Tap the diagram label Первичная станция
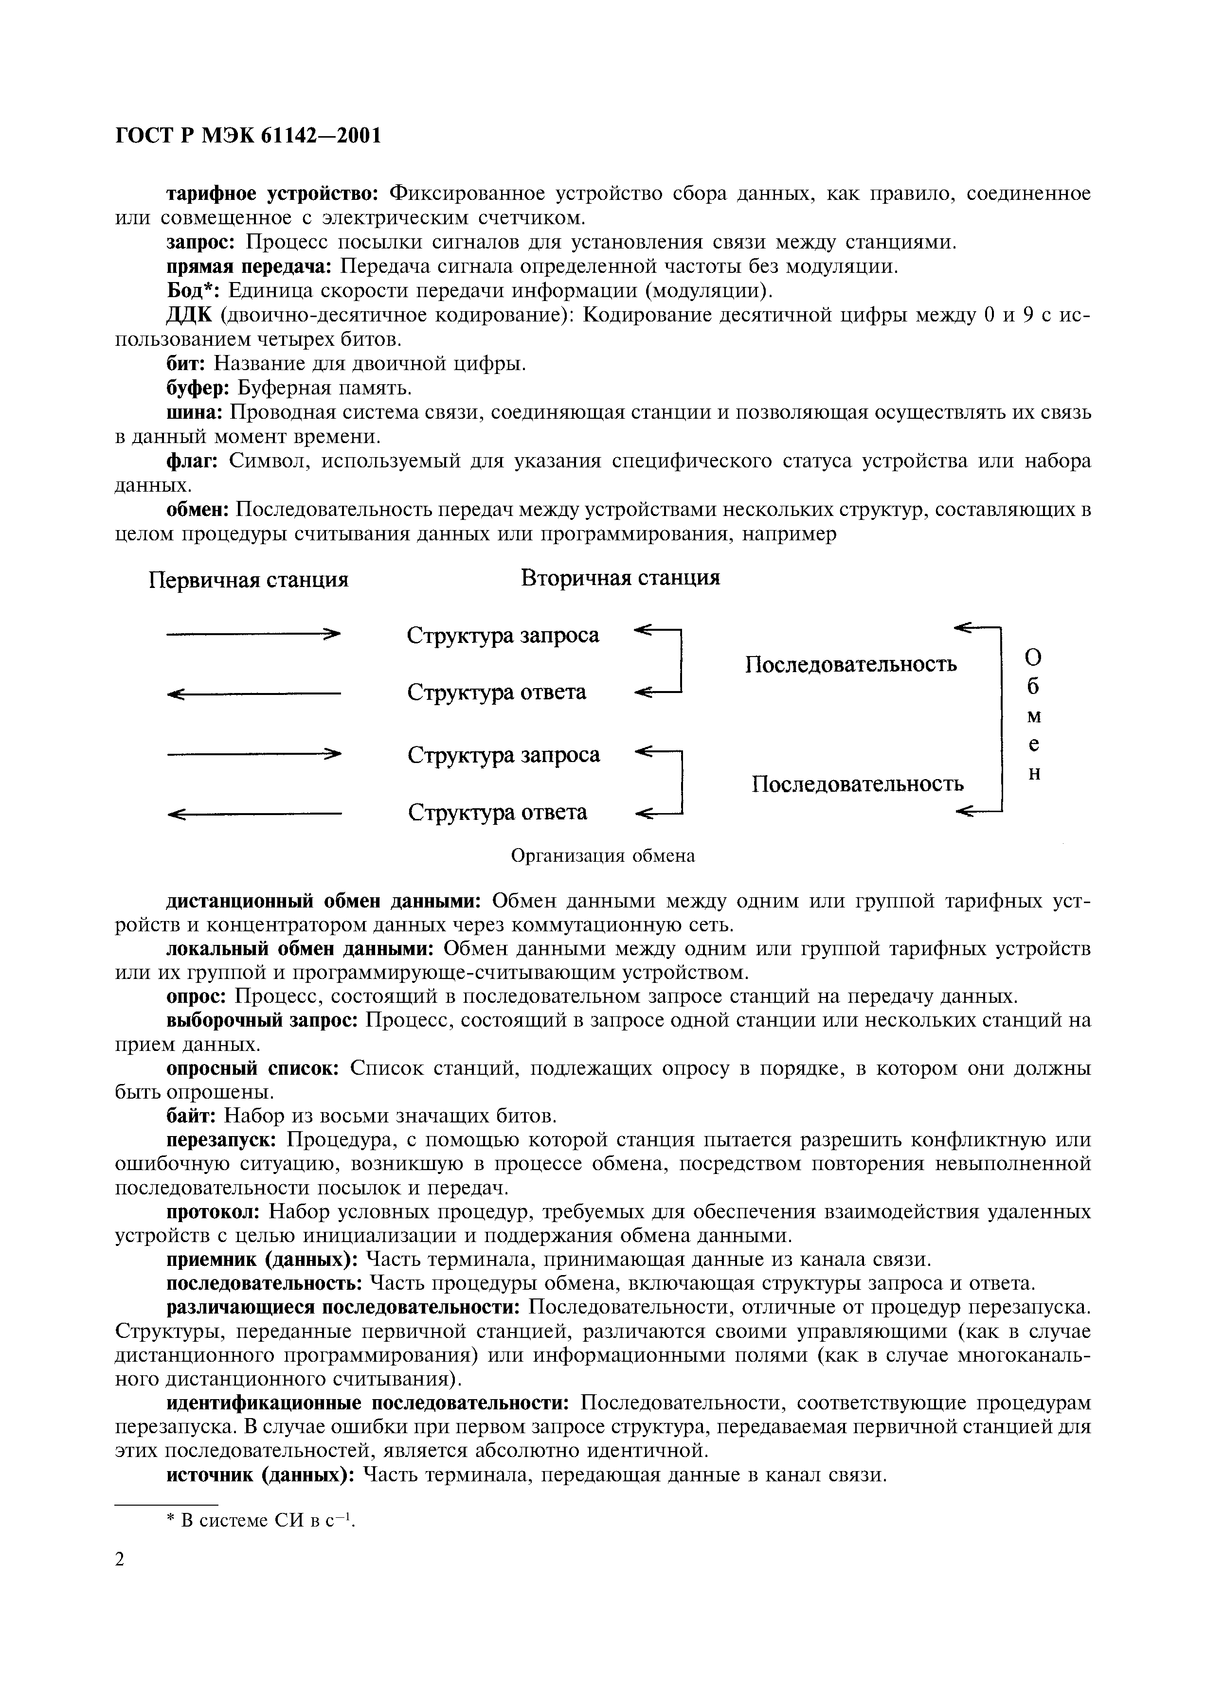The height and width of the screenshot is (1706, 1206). pyautogui.click(x=249, y=580)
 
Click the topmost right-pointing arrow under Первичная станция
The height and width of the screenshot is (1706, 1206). pyautogui.click(x=252, y=634)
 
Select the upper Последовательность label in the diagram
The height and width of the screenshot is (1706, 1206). pyautogui.click(x=851, y=663)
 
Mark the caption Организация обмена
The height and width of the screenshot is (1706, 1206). pyautogui.click(x=603, y=856)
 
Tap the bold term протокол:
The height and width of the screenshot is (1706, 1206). pyautogui.click(x=212, y=1212)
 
